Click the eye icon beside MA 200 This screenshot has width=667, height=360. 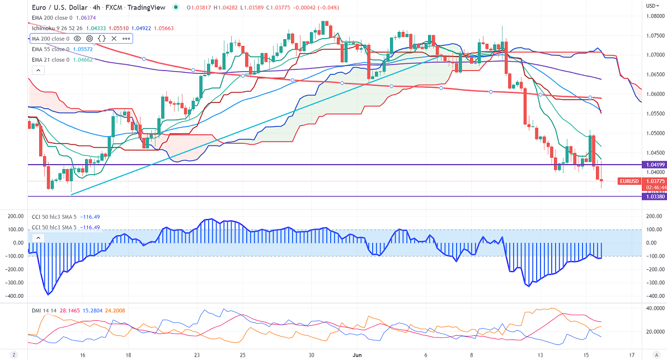77,39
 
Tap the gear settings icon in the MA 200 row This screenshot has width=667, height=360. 89,39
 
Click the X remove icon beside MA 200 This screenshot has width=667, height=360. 114,39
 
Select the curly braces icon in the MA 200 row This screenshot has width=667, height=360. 101,39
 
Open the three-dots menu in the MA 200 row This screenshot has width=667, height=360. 126,39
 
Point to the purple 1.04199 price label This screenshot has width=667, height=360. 653,165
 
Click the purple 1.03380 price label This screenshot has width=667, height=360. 653,197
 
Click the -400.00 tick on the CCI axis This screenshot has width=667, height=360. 653,296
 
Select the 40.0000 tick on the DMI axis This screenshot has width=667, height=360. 654,308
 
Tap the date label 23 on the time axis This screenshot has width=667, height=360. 196,355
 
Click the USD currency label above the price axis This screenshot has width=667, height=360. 651,6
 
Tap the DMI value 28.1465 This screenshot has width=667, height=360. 67,309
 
